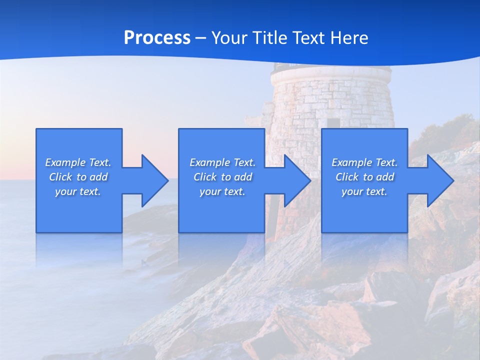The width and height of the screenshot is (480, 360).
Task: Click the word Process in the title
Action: [x=157, y=38]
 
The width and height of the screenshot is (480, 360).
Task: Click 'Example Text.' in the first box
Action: [x=78, y=162]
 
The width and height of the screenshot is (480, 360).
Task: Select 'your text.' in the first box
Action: [x=78, y=191]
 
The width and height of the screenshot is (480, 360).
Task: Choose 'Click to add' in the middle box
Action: [x=222, y=177]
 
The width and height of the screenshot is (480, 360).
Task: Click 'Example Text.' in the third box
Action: [x=364, y=162]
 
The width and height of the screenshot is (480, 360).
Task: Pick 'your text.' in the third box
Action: [x=364, y=191]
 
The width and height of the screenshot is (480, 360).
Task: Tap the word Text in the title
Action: [x=308, y=38]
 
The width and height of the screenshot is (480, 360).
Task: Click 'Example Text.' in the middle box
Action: [x=222, y=162]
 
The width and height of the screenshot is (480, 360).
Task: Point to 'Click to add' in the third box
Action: [x=364, y=177]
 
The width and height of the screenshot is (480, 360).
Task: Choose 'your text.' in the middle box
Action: [x=222, y=191]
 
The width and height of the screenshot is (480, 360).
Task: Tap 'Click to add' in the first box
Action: [x=78, y=177]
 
